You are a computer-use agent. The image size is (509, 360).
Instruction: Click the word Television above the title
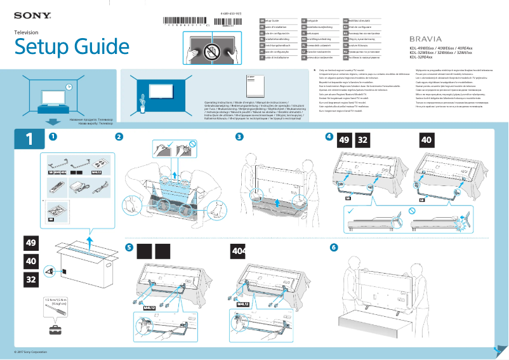[x=27, y=32]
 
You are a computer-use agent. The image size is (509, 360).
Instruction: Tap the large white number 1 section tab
[x=29, y=140]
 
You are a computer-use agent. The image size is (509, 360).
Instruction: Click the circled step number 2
[x=119, y=137]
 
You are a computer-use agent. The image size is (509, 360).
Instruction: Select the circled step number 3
[x=239, y=137]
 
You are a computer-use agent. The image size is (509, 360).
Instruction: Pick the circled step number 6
[x=334, y=246]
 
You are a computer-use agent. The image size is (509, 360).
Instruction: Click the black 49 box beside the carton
[x=30, y=243]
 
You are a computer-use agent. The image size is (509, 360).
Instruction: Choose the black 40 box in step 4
[x=426, y=140]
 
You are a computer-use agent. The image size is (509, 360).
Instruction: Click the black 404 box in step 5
[x=239, y=251]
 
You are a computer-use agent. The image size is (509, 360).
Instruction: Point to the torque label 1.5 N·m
[x=55, y=300]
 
